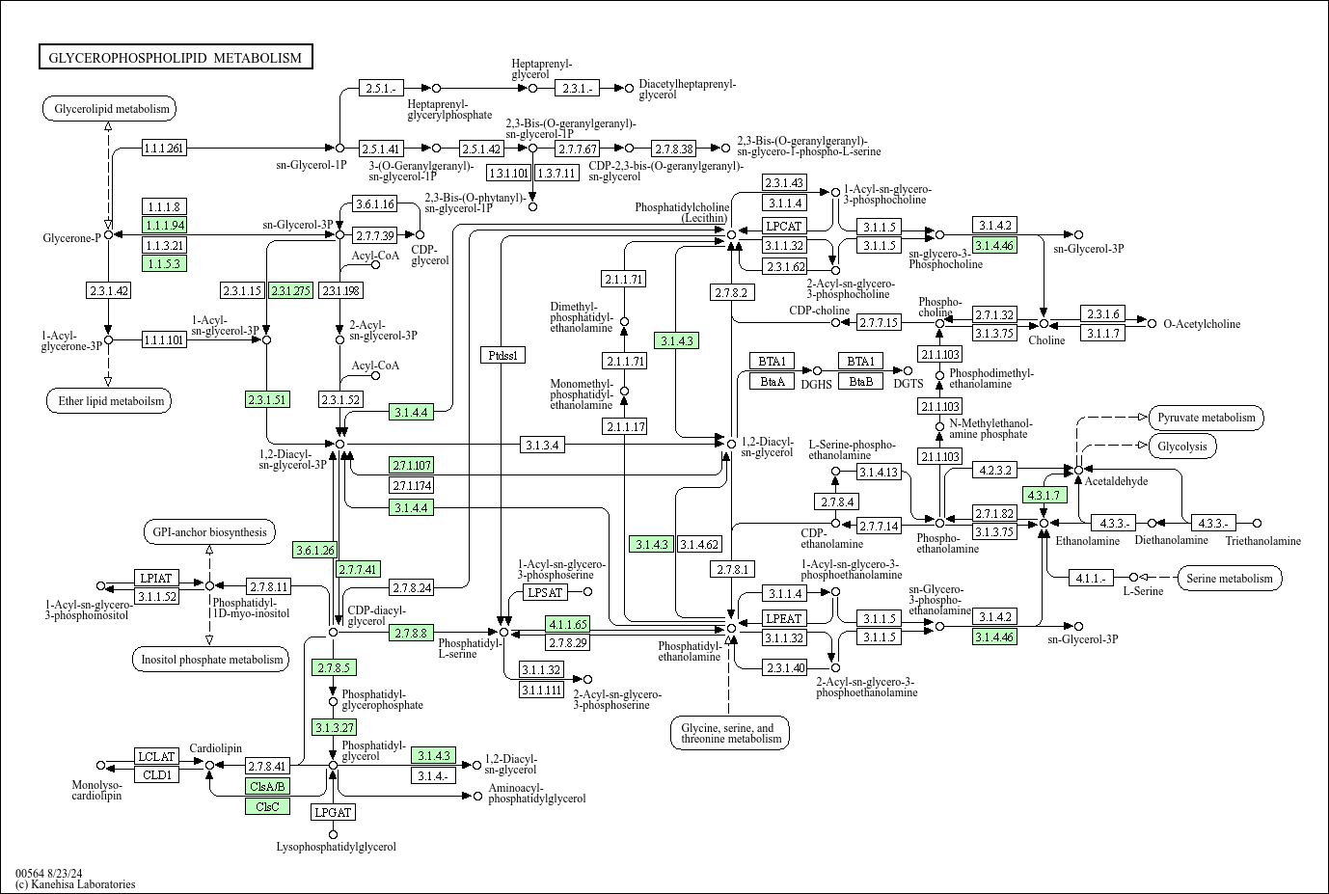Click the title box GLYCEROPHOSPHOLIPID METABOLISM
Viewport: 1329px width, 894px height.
176,57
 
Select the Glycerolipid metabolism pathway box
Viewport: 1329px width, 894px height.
110,109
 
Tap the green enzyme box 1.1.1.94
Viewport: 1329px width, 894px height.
164,226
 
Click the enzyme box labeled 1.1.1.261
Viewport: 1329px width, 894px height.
164,148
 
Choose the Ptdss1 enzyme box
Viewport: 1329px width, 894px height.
503,355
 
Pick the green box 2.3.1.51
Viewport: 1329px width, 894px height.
267,400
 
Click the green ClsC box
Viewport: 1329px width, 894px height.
267,807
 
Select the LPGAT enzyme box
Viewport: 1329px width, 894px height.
333,812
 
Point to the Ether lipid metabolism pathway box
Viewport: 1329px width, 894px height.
109,401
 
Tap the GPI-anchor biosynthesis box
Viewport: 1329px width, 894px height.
209,532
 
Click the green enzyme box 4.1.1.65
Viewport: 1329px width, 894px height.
568,624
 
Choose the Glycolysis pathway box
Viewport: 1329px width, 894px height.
1182,447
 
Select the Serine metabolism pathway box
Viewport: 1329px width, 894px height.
1230,579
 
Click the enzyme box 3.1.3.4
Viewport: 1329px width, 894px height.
542,445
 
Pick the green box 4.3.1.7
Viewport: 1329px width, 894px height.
1044,495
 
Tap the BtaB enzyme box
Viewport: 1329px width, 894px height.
861,382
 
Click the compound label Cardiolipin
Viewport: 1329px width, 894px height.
215,748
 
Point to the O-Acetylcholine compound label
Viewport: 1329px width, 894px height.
1202,324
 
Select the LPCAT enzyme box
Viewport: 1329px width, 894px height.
784,226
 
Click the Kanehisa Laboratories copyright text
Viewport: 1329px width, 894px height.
75,884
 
